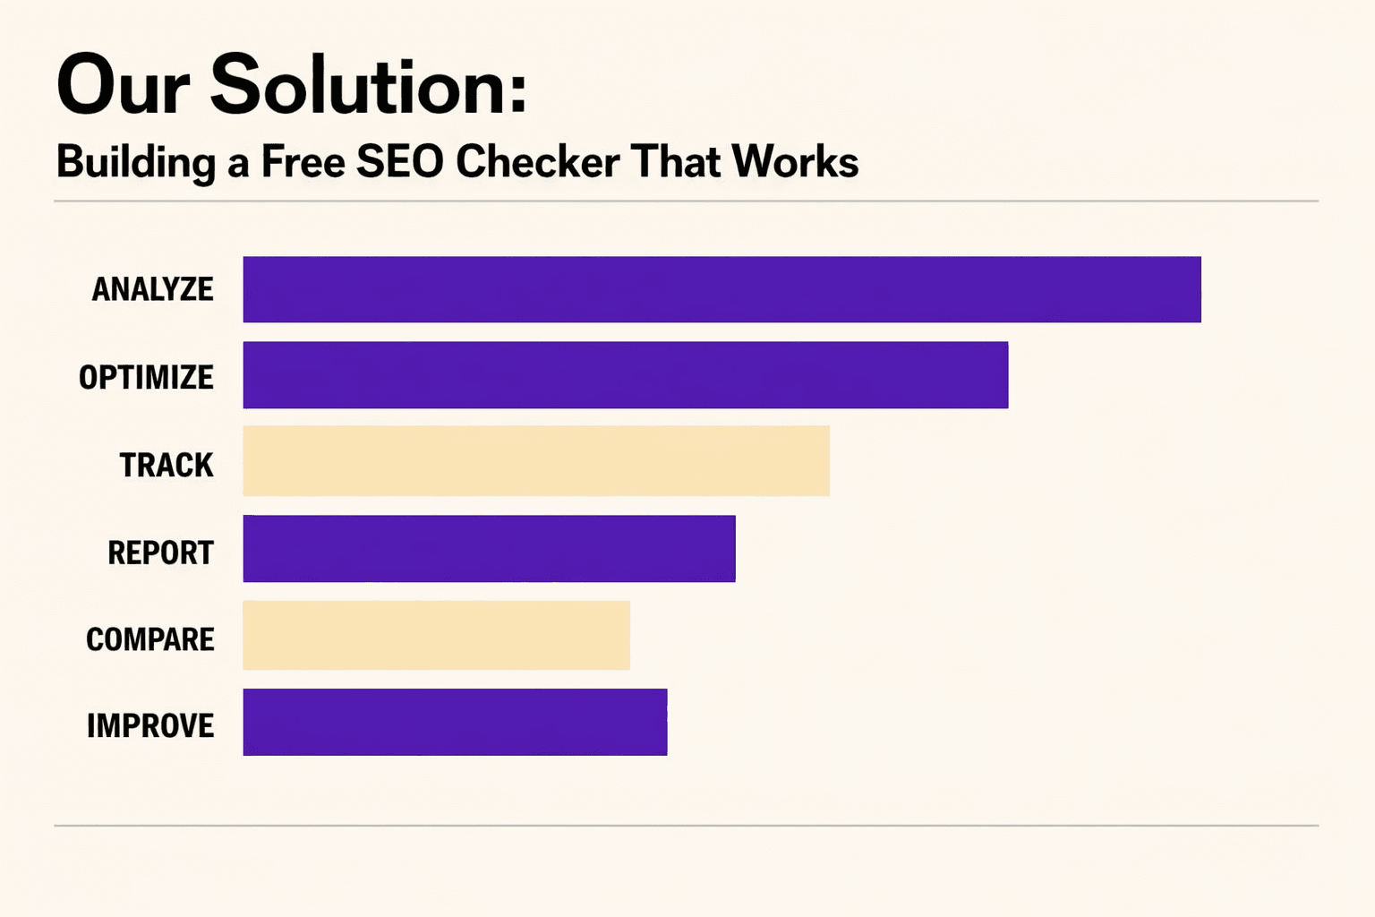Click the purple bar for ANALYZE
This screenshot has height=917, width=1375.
point(722,289)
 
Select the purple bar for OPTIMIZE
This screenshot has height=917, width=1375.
point(625,375)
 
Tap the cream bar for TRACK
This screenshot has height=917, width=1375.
point(535,461)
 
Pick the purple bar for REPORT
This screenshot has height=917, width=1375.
point(489,549)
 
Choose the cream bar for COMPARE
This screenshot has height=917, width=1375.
point(436,636)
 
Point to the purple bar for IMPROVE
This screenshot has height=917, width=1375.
point(455,723)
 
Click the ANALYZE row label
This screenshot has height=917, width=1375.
point(153,289)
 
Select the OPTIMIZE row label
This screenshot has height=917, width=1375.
point(146,377)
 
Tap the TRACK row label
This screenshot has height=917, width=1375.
point(167,465)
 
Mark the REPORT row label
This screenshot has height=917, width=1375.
point(160,553)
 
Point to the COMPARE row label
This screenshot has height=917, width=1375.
point(149,639)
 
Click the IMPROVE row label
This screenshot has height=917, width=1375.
point(150,725)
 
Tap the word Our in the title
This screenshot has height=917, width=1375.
point(124,86)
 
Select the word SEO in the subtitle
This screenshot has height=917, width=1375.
point(399,162)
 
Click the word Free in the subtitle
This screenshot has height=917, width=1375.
point(303,162)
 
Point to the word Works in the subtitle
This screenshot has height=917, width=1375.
point(795,162)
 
